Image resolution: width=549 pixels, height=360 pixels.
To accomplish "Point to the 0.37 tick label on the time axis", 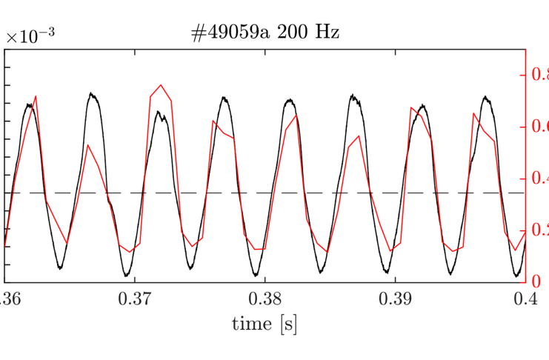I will (134, 299).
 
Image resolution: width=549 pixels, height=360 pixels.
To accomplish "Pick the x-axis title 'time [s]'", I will (264, 323).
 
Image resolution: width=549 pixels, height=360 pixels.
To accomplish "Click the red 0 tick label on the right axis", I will (536, 281).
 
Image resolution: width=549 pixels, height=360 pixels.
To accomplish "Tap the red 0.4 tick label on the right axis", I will (539, 179).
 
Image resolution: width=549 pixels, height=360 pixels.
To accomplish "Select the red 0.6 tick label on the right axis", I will (539, 127).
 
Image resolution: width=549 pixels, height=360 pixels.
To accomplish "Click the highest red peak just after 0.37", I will (161, 85).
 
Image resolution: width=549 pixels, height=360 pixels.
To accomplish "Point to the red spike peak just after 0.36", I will (36, 96).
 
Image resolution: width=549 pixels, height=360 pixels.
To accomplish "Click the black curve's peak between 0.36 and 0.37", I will (91, 93).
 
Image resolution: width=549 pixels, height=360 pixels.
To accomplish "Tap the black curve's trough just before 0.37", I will (124, 274).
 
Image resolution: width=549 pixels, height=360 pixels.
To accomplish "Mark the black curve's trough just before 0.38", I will (254, 276).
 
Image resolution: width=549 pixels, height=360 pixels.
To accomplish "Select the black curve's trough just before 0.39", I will (387, 272).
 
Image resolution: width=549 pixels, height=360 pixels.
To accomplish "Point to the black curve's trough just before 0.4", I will (517, 276).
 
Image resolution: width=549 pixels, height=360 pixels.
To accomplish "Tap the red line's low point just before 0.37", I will (129, 252).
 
